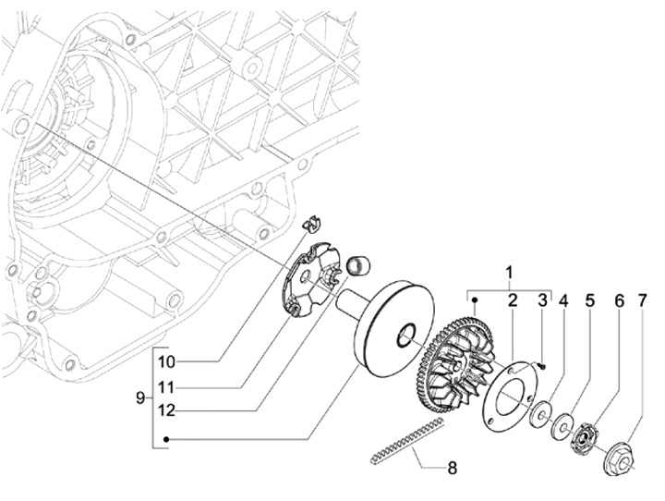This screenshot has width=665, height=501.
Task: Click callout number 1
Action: [509, 272]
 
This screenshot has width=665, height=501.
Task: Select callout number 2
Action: [513, 300]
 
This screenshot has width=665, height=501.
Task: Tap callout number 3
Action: [543, 300]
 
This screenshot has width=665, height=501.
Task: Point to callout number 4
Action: [563, 300]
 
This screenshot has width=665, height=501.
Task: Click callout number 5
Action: [590, 300]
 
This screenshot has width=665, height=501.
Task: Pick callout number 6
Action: [620, 300]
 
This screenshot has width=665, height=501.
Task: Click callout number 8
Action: [452, 469]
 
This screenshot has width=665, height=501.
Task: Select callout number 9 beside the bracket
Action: [140, 398]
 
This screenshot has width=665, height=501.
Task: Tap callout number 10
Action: [166, 362]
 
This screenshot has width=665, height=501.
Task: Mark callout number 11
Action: [166, 387]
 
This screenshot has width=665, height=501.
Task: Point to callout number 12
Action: [166, 410]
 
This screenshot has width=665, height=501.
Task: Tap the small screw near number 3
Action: [541, 364]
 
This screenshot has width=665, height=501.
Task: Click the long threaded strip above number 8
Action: [407, 440]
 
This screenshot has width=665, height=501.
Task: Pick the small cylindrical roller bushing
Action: [358, 265]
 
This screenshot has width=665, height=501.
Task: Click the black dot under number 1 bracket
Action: [475, 299]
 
